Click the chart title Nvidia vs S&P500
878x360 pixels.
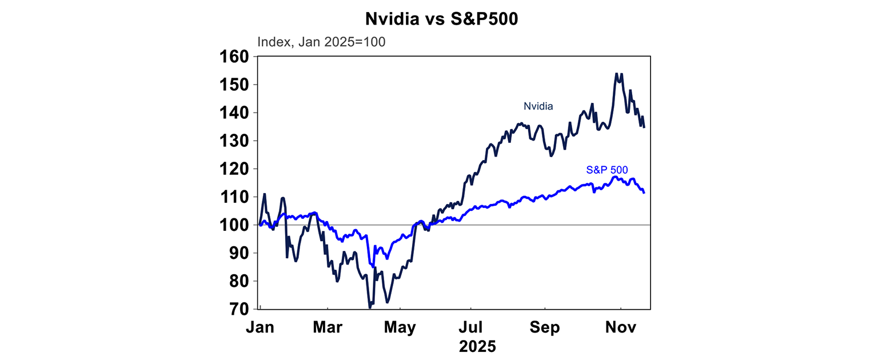(442, 18)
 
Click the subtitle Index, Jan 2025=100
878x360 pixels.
(321, 42)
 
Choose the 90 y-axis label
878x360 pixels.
(239, 253)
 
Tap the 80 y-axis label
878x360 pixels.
(239, 281)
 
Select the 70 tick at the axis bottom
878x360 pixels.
(239, 309)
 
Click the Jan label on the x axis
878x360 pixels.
(261, 328)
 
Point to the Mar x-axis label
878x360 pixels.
(328, 328)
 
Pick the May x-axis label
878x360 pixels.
(400, 328)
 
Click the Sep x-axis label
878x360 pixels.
(544, 328)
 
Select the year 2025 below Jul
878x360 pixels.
(478, 346)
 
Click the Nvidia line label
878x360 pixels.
(538, 106)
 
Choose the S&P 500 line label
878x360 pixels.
(607, 170)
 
